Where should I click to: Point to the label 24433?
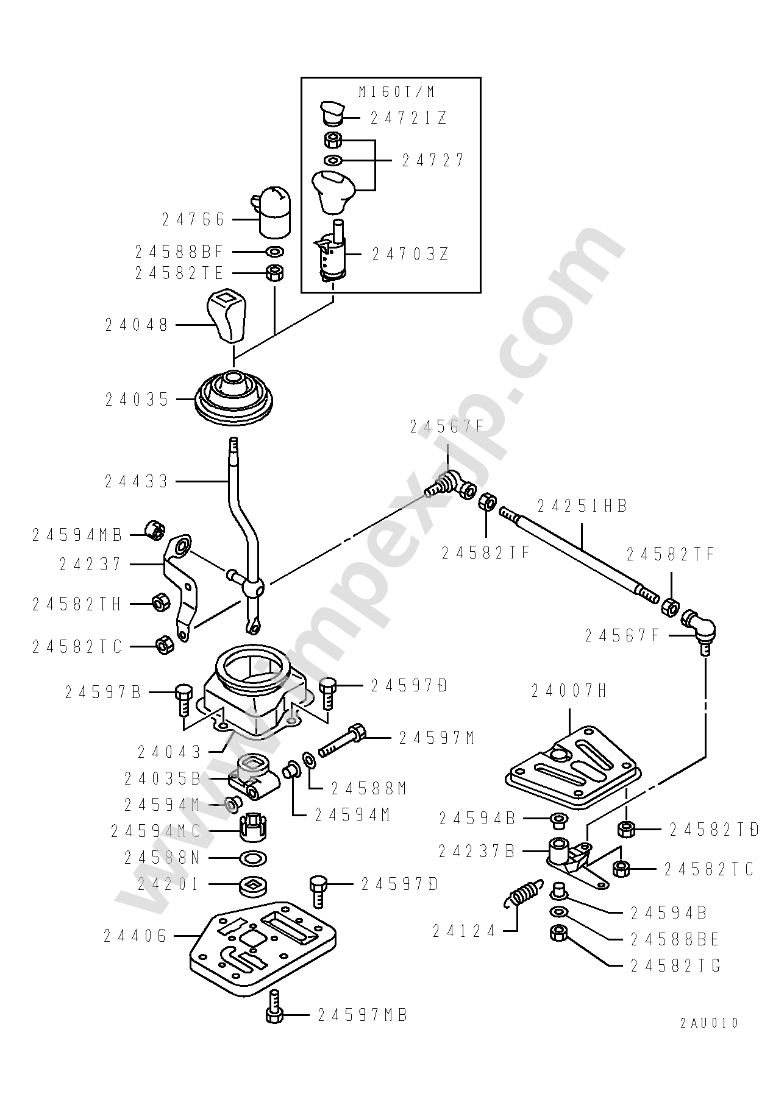pos(136,482)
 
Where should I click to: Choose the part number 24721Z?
pos(409,118)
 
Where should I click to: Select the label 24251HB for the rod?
pos(582,506)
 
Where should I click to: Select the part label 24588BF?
pos(179,251)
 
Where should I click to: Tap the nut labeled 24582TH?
pos(160,603)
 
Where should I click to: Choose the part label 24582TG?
pos(675,966)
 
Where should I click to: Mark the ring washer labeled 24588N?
pos(254,858)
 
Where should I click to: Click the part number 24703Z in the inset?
pos(410,254)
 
